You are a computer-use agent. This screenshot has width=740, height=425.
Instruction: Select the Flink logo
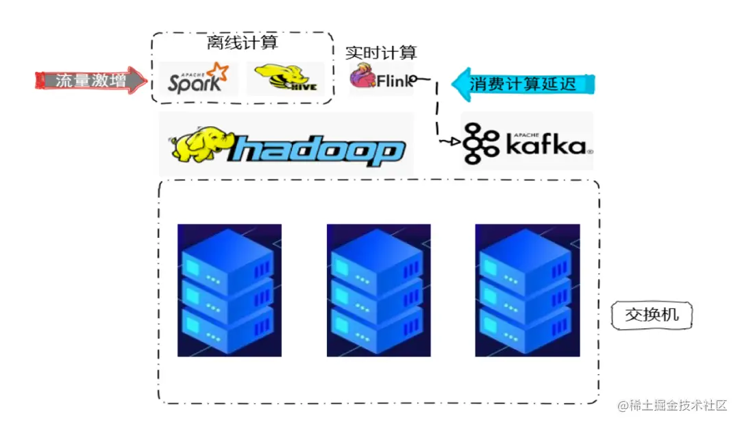[382, 77]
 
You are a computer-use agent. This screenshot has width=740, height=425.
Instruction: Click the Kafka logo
[527, 143]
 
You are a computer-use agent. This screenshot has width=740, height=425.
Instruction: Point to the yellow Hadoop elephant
[199, 145]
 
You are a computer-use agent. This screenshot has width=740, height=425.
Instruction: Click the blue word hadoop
[315, 150]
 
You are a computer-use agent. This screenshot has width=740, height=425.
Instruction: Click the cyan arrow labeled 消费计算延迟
[523, 84]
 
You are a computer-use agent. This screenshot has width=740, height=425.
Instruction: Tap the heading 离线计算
[242, 42]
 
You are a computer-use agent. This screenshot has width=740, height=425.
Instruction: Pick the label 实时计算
[381, 53]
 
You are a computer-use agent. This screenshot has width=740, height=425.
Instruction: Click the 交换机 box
[652, 315]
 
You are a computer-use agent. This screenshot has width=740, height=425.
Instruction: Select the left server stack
[230, 290]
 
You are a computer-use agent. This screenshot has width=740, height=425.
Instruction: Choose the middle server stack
[379, 290]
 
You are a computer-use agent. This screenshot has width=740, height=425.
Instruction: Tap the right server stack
[528, 290]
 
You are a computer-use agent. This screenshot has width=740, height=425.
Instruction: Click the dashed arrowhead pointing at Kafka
[453, 142]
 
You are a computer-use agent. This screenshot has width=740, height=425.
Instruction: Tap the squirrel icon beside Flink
[362, 75]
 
